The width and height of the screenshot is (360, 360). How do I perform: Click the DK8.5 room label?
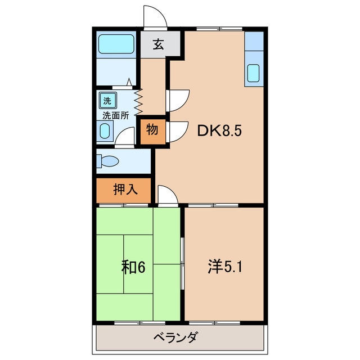219,131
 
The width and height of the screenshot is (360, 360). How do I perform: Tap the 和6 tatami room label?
133,267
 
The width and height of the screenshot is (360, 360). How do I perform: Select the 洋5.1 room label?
225,267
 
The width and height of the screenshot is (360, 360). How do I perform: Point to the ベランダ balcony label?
175,337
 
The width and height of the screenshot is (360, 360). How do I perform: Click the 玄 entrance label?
159,44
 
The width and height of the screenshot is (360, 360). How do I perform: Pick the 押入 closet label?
125,190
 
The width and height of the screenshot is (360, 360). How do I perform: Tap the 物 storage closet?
152,132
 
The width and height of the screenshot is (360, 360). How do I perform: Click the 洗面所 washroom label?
116,115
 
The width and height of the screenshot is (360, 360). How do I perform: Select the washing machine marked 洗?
107,100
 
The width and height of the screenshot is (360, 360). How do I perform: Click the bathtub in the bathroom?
116,44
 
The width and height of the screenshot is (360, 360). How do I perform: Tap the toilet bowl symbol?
108,161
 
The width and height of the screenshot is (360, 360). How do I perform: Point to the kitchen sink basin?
254,73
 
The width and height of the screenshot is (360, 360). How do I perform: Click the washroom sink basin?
105,131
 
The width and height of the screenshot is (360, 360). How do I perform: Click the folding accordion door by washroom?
138,102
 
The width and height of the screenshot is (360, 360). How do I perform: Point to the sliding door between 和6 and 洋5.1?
182,263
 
